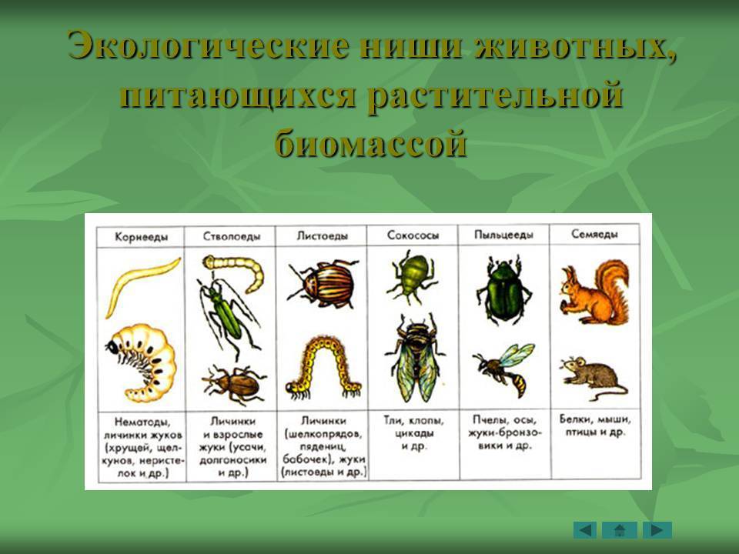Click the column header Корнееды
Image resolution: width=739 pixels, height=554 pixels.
[x=141, y=236]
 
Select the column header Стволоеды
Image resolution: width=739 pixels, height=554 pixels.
[x=232, y=236]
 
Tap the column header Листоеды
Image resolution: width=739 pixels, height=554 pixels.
[x=323, y=235]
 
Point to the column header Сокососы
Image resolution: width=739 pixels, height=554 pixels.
[x=413, y=235]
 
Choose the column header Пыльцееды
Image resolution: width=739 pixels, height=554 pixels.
[x=503, y=235]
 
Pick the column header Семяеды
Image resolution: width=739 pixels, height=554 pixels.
[x=594, y=234]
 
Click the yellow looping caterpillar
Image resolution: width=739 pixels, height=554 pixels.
[x=323, y=368]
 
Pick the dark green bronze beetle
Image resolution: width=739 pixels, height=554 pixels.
[x=503, y=290]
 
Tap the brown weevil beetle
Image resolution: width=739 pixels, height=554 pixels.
[x=234, y=383]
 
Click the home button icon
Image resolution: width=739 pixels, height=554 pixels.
[x=619, y=530]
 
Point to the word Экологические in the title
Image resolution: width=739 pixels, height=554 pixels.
[x=209, y=45]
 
